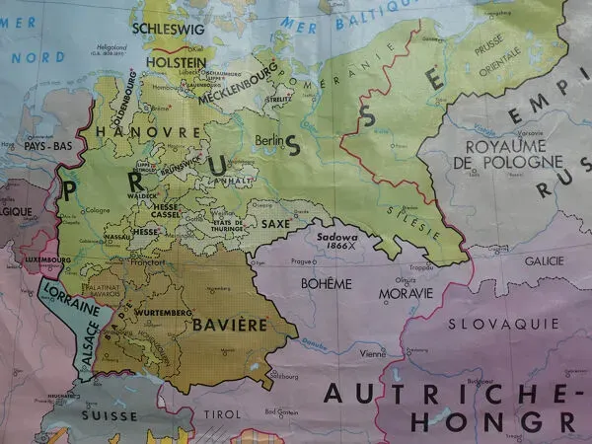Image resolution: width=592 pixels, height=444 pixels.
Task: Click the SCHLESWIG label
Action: click(x=176, y=28)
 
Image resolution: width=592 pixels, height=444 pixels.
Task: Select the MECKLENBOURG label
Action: click(x=237, y=86)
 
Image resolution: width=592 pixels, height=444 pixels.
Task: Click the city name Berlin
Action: click(x=269, y=142)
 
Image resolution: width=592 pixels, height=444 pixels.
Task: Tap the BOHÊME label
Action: click(x=326, y=284)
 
